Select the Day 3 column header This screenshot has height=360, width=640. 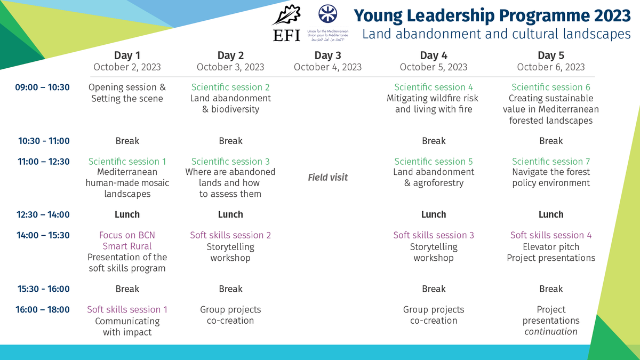click(x=327, y=55)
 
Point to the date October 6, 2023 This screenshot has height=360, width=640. click(x=551, y=67)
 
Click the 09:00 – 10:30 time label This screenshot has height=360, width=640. click(x=43, y=87)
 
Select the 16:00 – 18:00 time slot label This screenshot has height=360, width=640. click(x=43, y=309)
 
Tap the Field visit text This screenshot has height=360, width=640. click(x=327, y=177)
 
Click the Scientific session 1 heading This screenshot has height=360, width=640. click(x=127, y=161)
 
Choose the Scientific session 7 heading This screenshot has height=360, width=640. click(x=551, y=161)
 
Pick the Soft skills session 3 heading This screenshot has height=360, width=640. click(x=434, y=235)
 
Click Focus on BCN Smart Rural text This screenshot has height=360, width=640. click(x=127, y=241)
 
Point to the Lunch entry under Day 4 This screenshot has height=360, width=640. click(x=434, y=214)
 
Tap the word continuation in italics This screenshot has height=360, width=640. click(x=551, y=332)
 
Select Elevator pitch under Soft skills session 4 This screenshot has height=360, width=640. click(x=551, y=247)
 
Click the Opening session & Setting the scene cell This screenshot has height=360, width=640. click(x=127, y=93)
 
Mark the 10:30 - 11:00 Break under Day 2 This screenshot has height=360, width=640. click(x=230, y=141)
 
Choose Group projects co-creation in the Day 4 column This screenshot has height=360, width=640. click(x=434, y=315)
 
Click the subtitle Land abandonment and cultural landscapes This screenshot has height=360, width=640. click(x=496, y=34)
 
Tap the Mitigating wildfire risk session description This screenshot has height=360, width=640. click(x=434, y=104)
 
